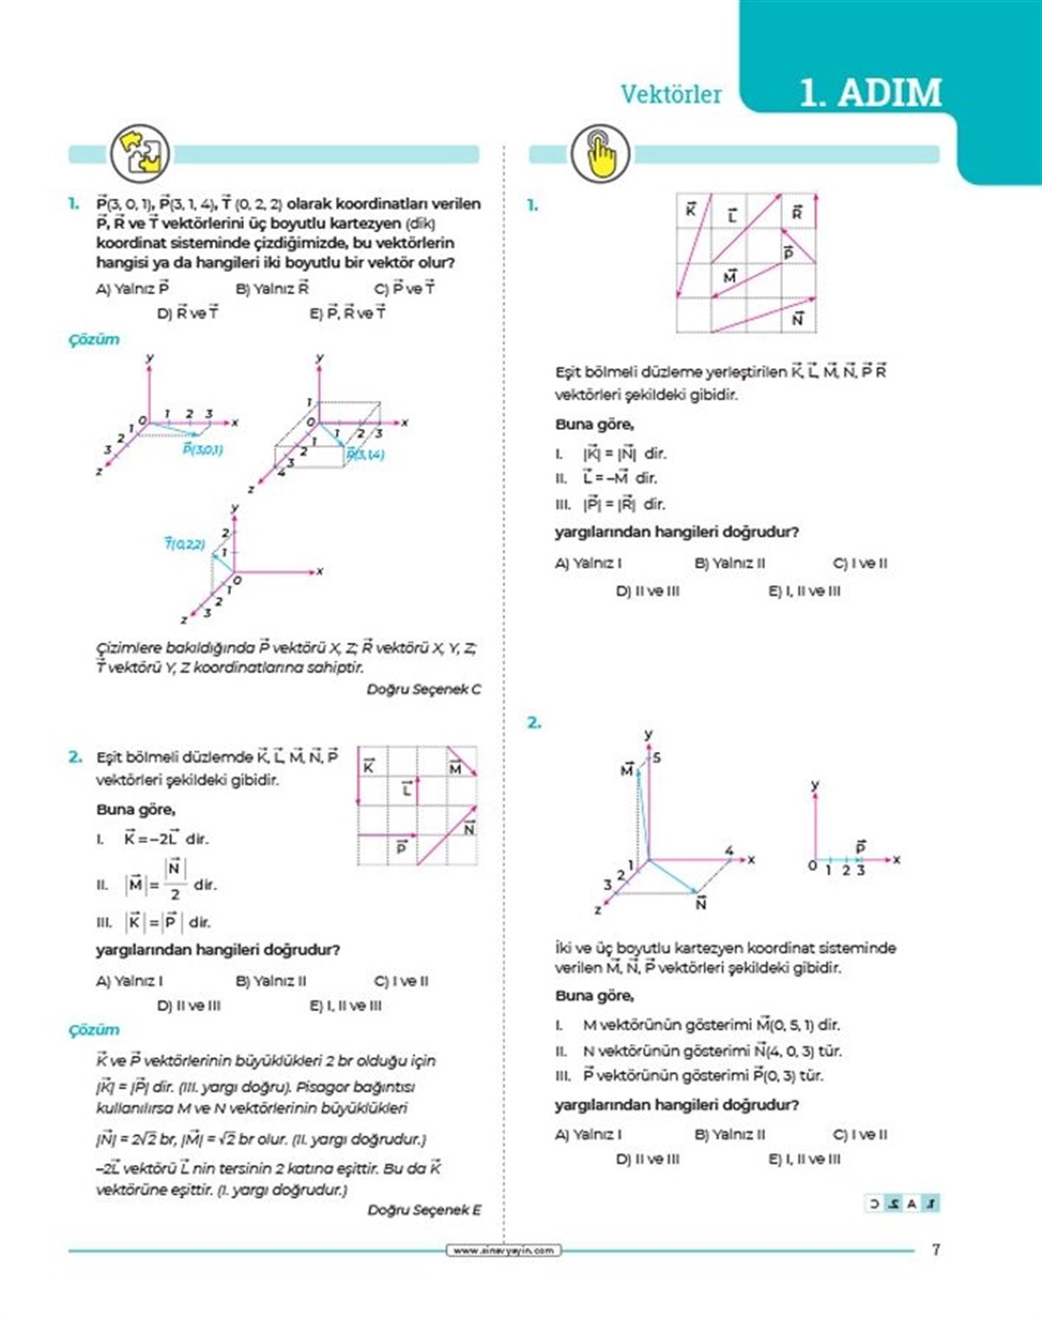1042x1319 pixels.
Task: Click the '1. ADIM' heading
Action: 870,93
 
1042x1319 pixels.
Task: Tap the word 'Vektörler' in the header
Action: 670,94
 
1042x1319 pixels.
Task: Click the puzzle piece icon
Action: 140,153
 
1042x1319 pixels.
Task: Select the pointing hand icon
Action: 600,154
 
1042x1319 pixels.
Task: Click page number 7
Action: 935,1250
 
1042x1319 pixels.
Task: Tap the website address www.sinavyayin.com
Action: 504,1250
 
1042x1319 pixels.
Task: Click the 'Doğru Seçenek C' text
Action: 423,689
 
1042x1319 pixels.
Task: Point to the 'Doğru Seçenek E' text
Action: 424,1210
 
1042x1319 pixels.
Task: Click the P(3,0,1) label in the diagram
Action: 202,449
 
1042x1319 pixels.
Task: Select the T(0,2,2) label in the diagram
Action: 185,544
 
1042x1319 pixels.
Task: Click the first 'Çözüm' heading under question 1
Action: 94,340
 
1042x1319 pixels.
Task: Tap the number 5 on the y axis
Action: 656,757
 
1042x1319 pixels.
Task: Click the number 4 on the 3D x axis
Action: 729,850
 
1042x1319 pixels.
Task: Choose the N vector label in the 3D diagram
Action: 701,903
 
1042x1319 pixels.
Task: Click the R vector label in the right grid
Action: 797,212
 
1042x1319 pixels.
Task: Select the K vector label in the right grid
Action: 690,209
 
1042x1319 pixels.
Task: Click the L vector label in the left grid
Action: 406,789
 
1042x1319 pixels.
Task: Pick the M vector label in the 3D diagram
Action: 627,769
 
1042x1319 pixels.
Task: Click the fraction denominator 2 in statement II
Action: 175,894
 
